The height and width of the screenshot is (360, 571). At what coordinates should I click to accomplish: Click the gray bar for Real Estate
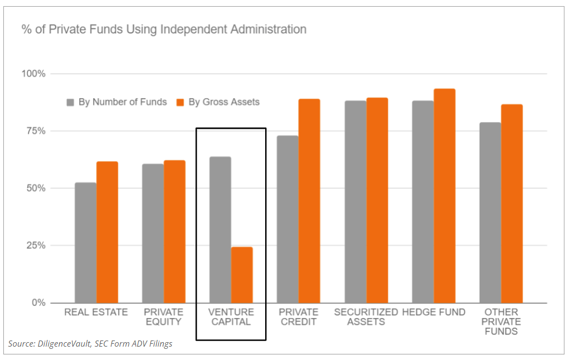point(85,242)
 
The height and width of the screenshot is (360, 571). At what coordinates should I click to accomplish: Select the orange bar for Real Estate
point(107,232)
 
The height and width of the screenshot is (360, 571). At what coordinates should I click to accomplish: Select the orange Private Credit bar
point(309,201)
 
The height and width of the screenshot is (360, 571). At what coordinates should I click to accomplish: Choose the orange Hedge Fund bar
point(445,196)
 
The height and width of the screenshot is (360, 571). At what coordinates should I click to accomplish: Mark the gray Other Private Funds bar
point(490,212)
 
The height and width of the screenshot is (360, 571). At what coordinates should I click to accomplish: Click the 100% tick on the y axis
point(34,74)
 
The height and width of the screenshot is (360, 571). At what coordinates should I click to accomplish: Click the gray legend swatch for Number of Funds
point(71,102)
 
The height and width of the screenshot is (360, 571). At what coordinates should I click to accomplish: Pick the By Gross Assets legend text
point(224,102)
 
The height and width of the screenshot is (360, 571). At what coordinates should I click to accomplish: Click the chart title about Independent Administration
point(164,29)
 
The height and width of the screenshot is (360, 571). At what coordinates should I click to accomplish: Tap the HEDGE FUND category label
point(433,312)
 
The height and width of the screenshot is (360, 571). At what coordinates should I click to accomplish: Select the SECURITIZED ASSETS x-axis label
point(366,317)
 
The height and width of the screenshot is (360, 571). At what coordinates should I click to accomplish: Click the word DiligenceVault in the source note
point(64,344)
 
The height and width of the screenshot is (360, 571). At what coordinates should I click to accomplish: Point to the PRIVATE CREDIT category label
point(299,317)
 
